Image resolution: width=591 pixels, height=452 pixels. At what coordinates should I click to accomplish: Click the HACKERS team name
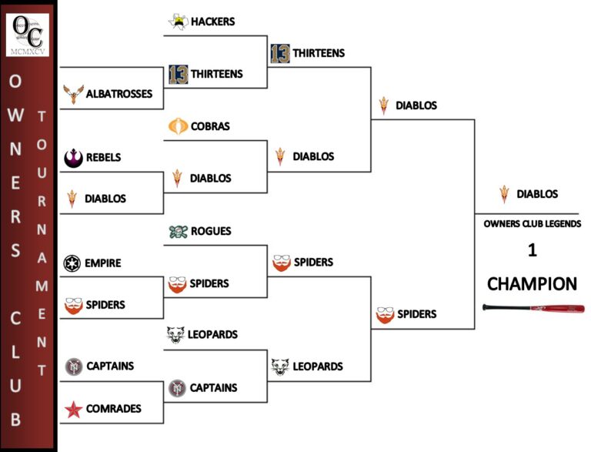[212, 22]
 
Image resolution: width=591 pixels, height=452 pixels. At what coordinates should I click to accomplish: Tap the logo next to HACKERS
[178, 22]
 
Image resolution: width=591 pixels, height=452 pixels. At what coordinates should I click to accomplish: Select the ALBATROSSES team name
[119, 94]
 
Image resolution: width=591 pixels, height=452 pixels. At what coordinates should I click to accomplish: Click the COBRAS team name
[210, 126]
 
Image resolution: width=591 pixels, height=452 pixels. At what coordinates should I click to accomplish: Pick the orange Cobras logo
[177, 126]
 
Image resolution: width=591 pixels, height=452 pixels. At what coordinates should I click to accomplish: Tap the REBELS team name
[103, 157]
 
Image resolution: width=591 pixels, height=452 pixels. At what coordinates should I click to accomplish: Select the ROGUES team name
[211, 231]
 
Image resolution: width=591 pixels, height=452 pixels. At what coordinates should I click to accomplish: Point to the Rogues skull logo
[177, 231]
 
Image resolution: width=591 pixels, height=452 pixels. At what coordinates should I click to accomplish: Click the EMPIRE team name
[103, 263]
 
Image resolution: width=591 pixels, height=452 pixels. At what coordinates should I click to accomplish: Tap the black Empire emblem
[72, 263]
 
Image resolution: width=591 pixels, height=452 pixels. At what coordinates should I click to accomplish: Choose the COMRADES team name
[114, 409]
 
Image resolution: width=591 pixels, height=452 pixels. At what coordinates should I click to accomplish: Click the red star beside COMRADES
[73, 409]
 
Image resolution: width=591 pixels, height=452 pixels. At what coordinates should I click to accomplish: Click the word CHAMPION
[532, 284]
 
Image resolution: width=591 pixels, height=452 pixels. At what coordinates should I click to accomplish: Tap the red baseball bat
[533, 308]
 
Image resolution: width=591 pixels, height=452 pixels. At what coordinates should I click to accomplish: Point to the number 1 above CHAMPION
[532, 251]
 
